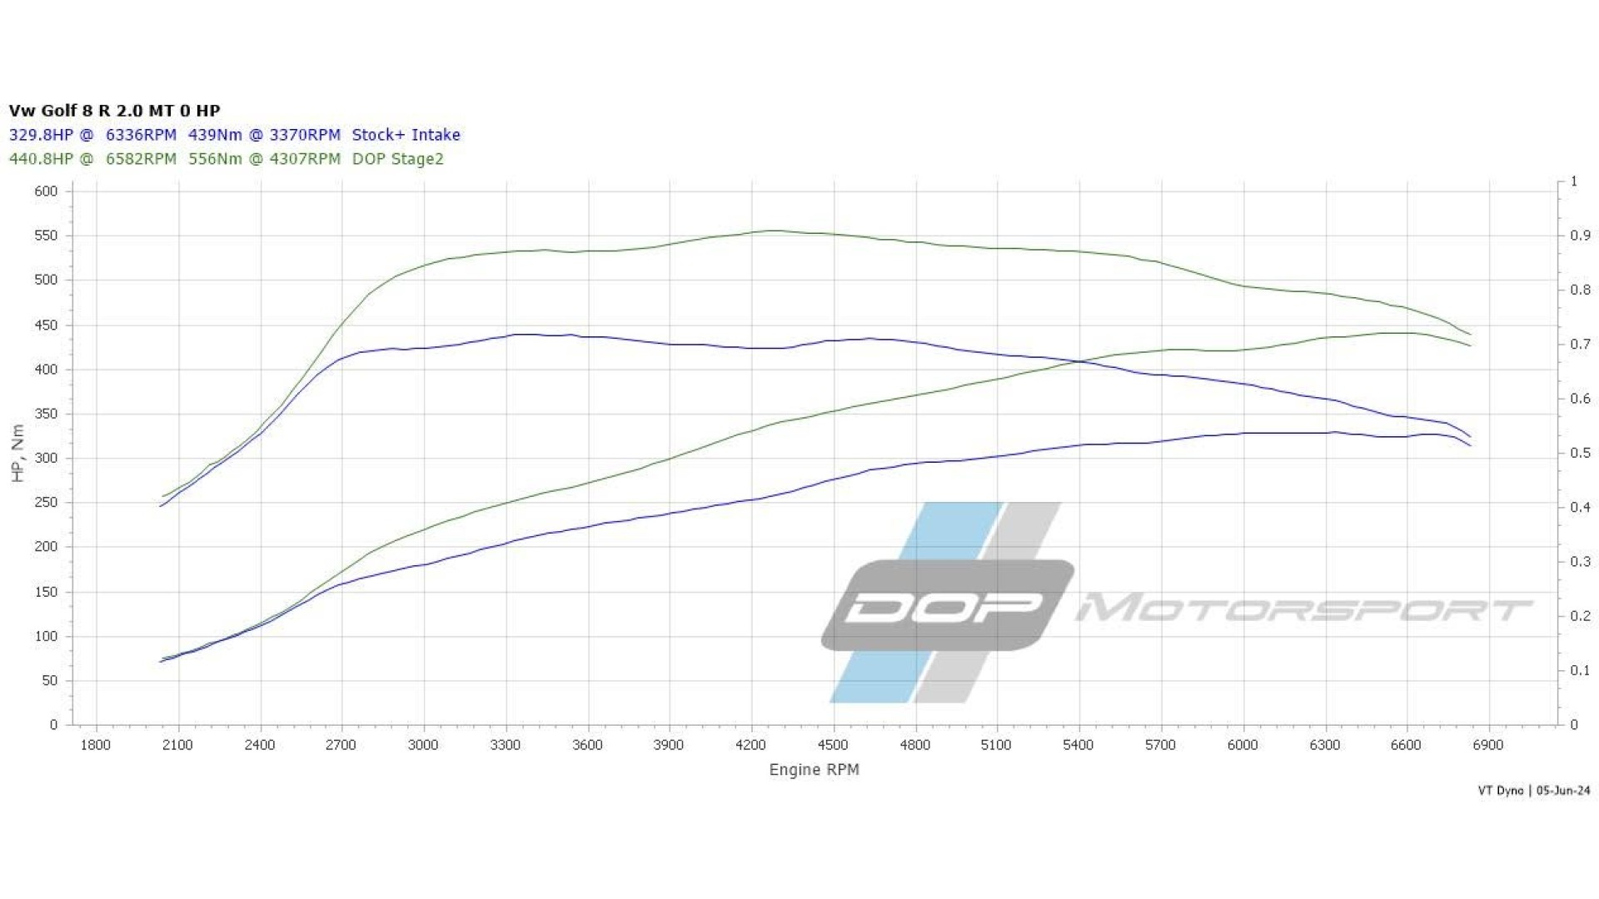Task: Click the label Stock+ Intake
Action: (406, 135)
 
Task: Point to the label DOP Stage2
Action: (397, 159)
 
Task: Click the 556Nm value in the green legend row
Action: (215, 159)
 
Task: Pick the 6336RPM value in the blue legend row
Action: (141, 135)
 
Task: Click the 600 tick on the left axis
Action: (46, 191)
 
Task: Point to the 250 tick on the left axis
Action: (46, 503)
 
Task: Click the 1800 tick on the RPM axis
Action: (96, 745)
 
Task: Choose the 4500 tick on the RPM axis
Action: (833, 745)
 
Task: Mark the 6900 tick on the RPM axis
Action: (1488, 745)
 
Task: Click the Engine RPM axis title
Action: (814, 770)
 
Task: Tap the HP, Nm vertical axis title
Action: (17, 453)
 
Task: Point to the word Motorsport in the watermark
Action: (1303, 608)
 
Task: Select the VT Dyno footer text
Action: (1501, 791)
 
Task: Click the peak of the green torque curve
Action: (774, 231)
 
